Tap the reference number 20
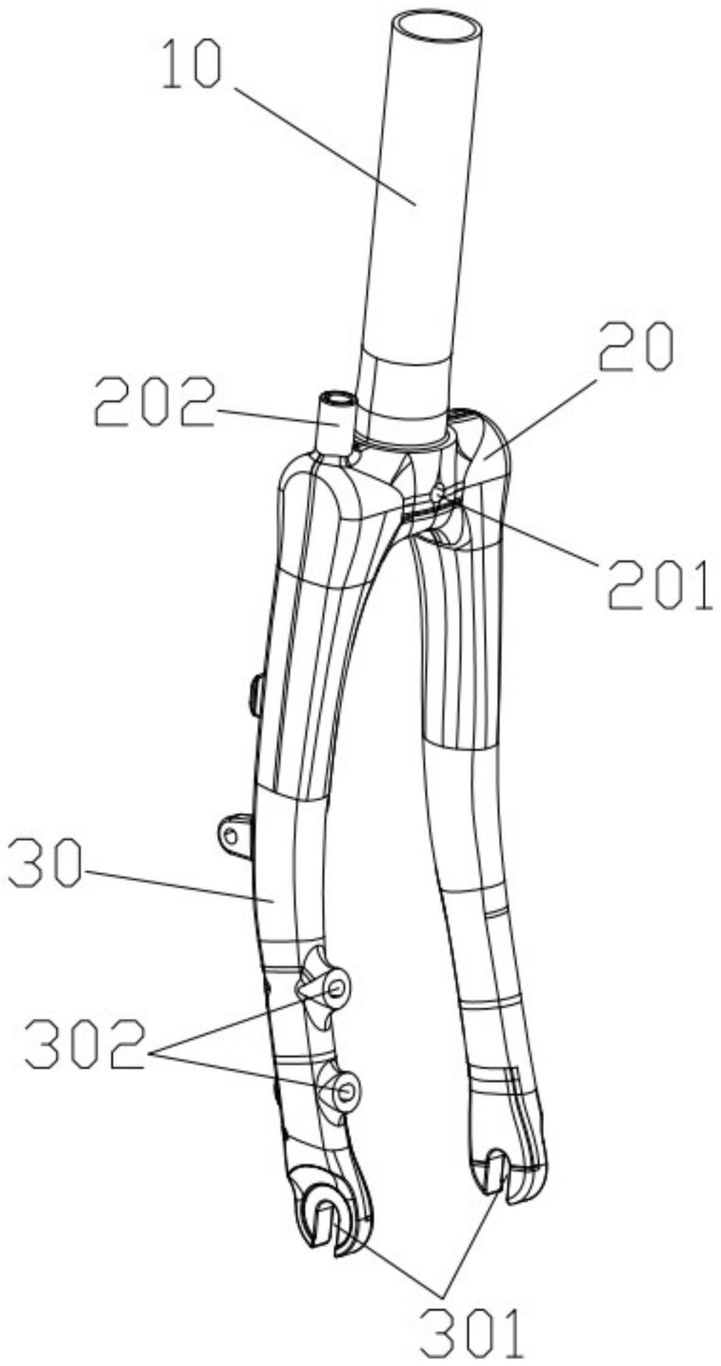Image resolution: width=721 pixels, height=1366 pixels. [x=636, y=348]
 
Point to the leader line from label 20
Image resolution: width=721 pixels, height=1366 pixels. [x=542, y=414]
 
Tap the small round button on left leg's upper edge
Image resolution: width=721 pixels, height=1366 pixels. [x=256, y=694]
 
